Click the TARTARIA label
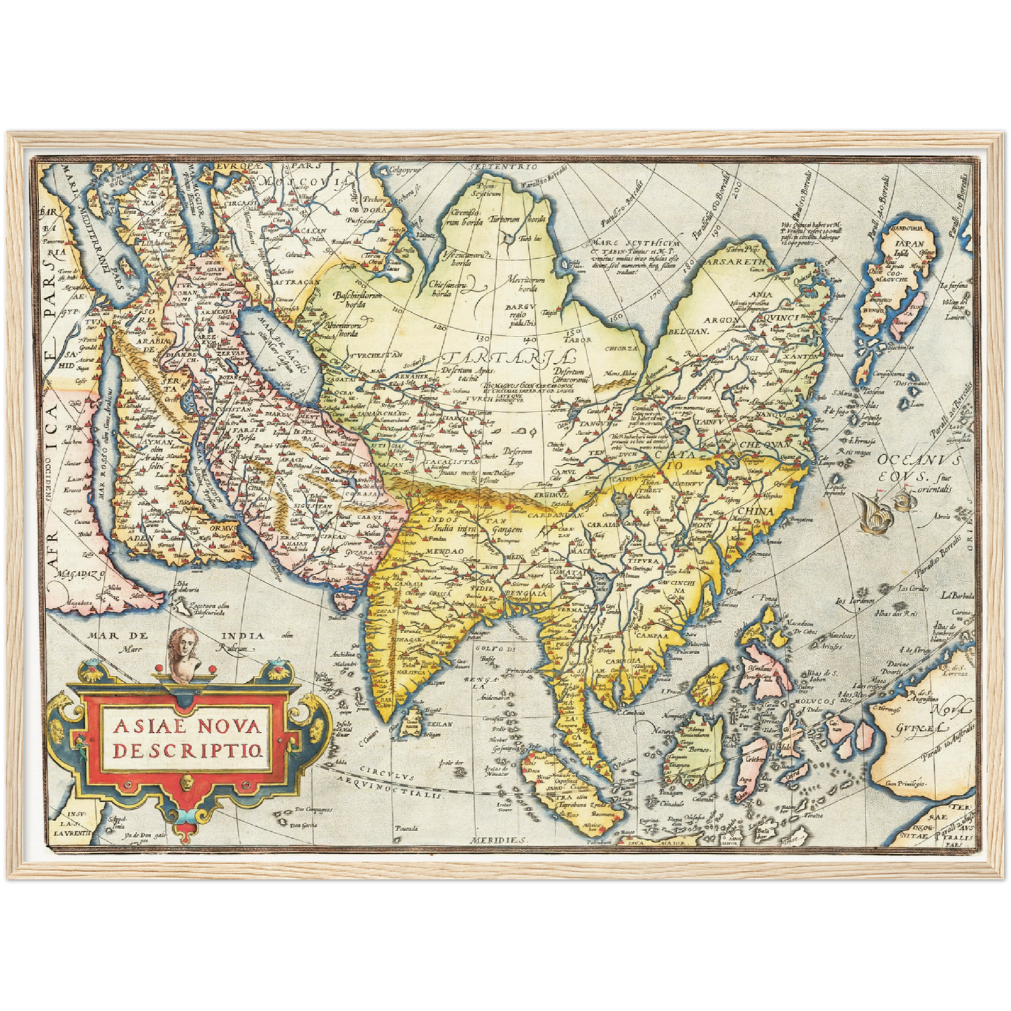[489, 358]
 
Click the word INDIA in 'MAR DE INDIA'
[243, 636]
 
